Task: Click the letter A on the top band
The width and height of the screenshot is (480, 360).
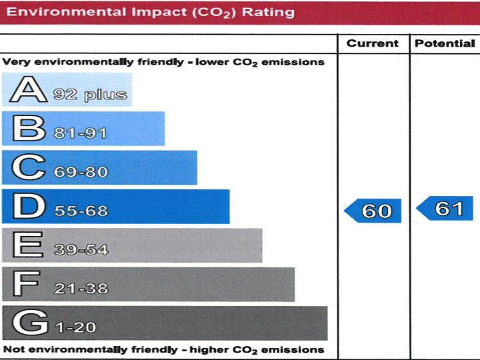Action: click(x=26, y=90)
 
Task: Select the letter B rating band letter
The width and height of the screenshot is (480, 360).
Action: click(x=25, y=129)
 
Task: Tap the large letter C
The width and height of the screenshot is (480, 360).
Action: click(x=25, y=167)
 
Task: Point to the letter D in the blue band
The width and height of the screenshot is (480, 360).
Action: click(x=25, y=207)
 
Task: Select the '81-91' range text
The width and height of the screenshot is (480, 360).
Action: click(x=80, y=133)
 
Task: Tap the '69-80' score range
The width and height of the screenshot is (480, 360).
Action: click(x=80, y=172)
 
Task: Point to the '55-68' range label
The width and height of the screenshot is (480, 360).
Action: click(x=80, y=211)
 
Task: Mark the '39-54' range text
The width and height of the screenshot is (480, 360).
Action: click(x=80, y=250)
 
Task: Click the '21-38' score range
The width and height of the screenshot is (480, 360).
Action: click(x=80, y=289)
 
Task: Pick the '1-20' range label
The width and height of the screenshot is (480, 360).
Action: click(x=75, y=327)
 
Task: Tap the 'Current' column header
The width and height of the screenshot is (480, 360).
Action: click(x=373, y=44)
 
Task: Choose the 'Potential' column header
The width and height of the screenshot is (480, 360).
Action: click(x=445, y=44)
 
